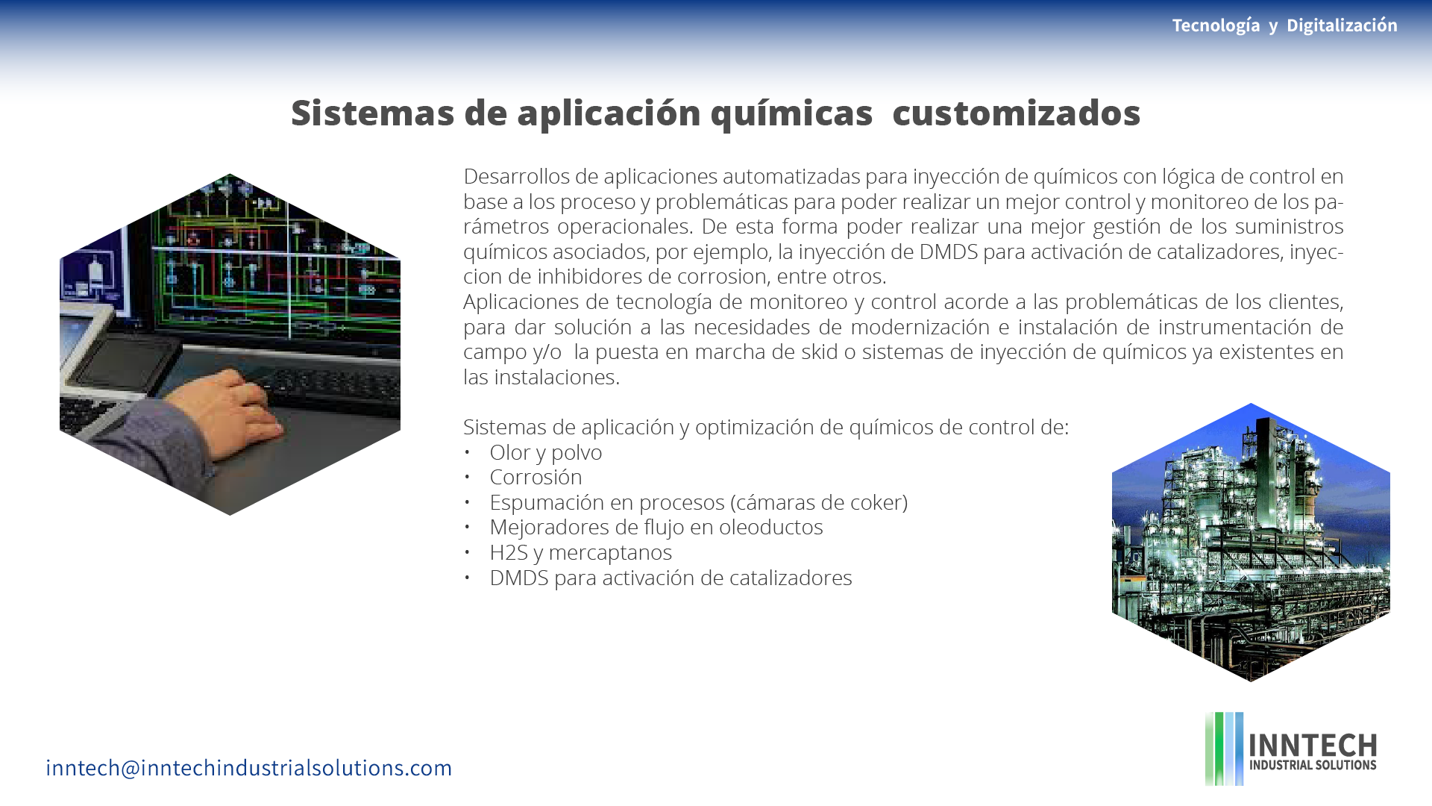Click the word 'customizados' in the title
pyautogui.click(x=1016, y=113)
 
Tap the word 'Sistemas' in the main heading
pyautogui.click(x=373, y=113)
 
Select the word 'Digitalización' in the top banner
pyautogui.click(x=1342, y=25)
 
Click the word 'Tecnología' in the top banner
pyautogui.click(x=1216, y=25)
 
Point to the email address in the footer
pyautogui.click(x=249, y=767)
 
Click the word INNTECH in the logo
pyautogui.click(x=1313, y=745)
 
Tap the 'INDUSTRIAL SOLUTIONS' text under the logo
pyautogui.click(x=1313, y=765)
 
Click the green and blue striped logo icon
pyautogui.click(x=1224, y=749)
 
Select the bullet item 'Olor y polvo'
pyautogui.click(x=545, y=452)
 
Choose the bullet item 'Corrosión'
pyautogui.click(x=536, y=477)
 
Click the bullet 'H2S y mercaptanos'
pyautogui.click(x=580, y=552)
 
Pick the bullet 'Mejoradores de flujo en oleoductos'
pyautogui.click(x=656, y=527)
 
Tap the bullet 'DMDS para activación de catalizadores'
pyautogui.click(x=671, y=578)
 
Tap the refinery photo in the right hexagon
pyautogui.click(x=1251, y=543)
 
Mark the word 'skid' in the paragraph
pyautogui.click(x=819, y=352)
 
